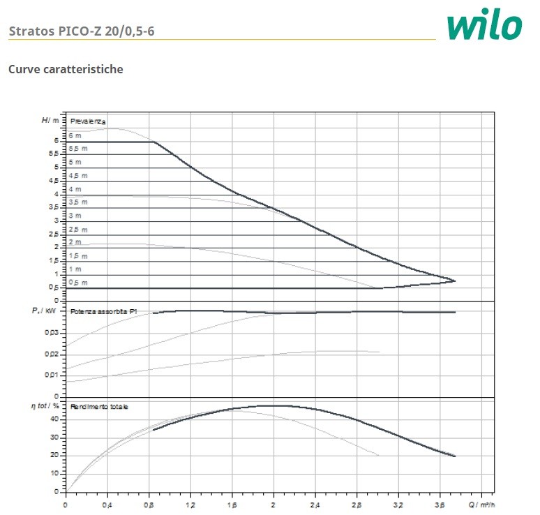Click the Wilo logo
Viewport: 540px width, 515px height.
tap(484, 26)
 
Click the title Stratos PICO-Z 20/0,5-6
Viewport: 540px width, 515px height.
tap(82, 31)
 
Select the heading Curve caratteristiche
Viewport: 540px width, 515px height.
tap(66, 69)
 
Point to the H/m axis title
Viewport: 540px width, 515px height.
tap(51, 120)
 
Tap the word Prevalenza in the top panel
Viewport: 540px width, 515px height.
tap(88, 121)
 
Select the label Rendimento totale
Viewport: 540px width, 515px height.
tap(98, 406)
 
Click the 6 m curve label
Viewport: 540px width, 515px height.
tap(75, 135)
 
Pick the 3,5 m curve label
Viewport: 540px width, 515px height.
tap(77, 202)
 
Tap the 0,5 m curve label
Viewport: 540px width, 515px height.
tap(77, 283)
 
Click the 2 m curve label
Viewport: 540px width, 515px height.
tap(75, 242)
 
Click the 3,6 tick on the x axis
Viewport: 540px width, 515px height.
tap(440, 504)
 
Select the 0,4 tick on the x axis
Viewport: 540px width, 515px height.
tap(107, 504)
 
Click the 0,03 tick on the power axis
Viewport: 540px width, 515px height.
tap(52, 333)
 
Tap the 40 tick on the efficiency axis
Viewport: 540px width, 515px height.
tap(54, 419)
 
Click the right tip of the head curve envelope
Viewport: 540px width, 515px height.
tap(455, 281)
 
